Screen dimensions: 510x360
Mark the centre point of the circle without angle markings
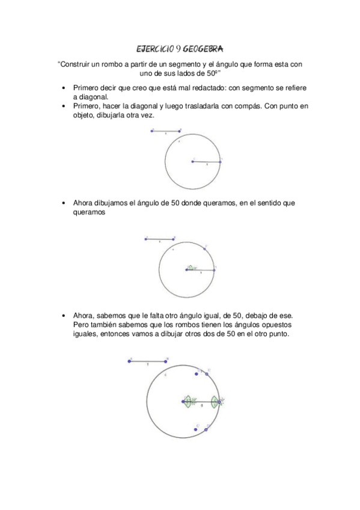pyautogui.click(x=192, y=161)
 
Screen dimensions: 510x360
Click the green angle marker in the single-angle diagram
pyautogui.click(x=192, y=268)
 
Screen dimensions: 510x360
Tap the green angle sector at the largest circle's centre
pyautogui.click(x=188, y=401)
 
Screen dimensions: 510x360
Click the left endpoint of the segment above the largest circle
pyautogui.click(x=130, y=361)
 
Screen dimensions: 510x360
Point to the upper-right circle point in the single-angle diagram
pyautogui.click(x=205, y=248)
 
